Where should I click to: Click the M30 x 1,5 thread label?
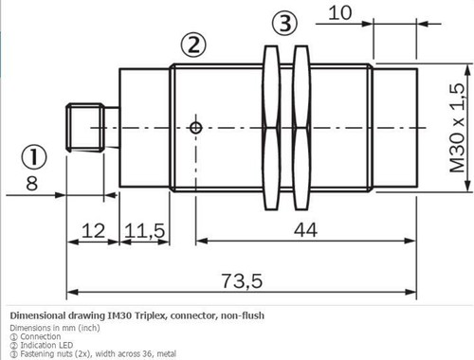[457, 126]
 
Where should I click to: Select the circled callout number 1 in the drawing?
[34, 155]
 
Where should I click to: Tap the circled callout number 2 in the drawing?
[193, 44]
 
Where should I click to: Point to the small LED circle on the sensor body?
[195, 127]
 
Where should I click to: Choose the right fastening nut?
[301, 127]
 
